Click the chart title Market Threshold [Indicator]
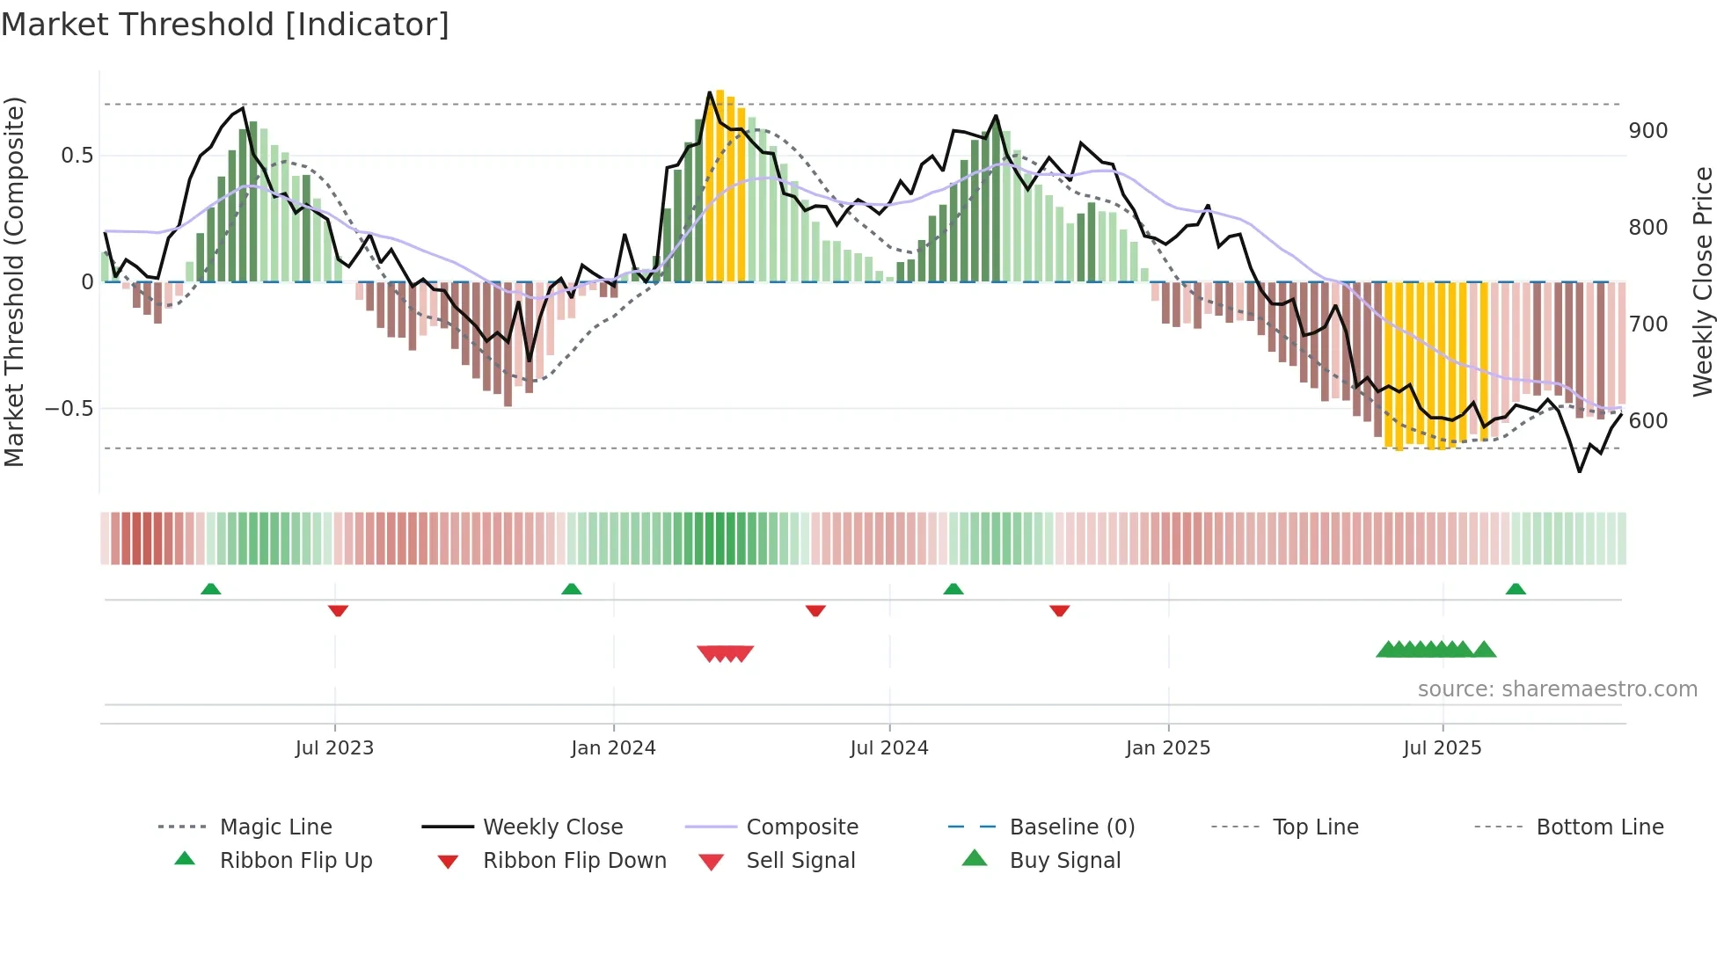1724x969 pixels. (225, 25)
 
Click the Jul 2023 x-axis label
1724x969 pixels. (334, 748)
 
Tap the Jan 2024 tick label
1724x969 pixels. (613, 748)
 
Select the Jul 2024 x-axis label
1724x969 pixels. (889, 748)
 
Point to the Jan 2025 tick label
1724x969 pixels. (1168, 748)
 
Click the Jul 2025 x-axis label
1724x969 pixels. (1443, 748)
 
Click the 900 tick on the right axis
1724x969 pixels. (1647, 131)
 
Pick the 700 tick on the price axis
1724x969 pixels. (1647, 324)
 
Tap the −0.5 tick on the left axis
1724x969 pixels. (69, 409)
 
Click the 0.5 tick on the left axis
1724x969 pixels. (77, 156)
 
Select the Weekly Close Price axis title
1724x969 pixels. (1703, 281)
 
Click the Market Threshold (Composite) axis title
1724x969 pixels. (15, 281)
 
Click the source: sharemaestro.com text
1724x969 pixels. (1557, 689)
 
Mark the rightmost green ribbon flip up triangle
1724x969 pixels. (1516, 589)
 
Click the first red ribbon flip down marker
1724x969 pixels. (338, 610)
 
